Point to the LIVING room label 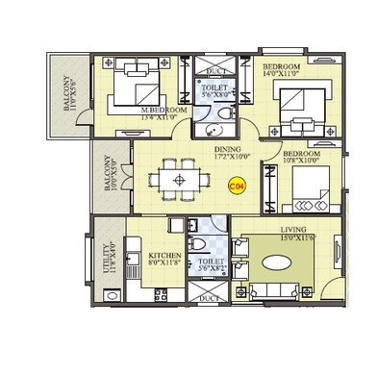coord(293,229)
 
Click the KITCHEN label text coord(164,255)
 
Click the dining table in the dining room coord(179,179)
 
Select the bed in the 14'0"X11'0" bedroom coord(301,106)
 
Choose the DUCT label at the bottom coord(208,299)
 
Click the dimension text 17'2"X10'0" coord(228,156)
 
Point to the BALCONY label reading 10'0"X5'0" coord(109,176)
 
